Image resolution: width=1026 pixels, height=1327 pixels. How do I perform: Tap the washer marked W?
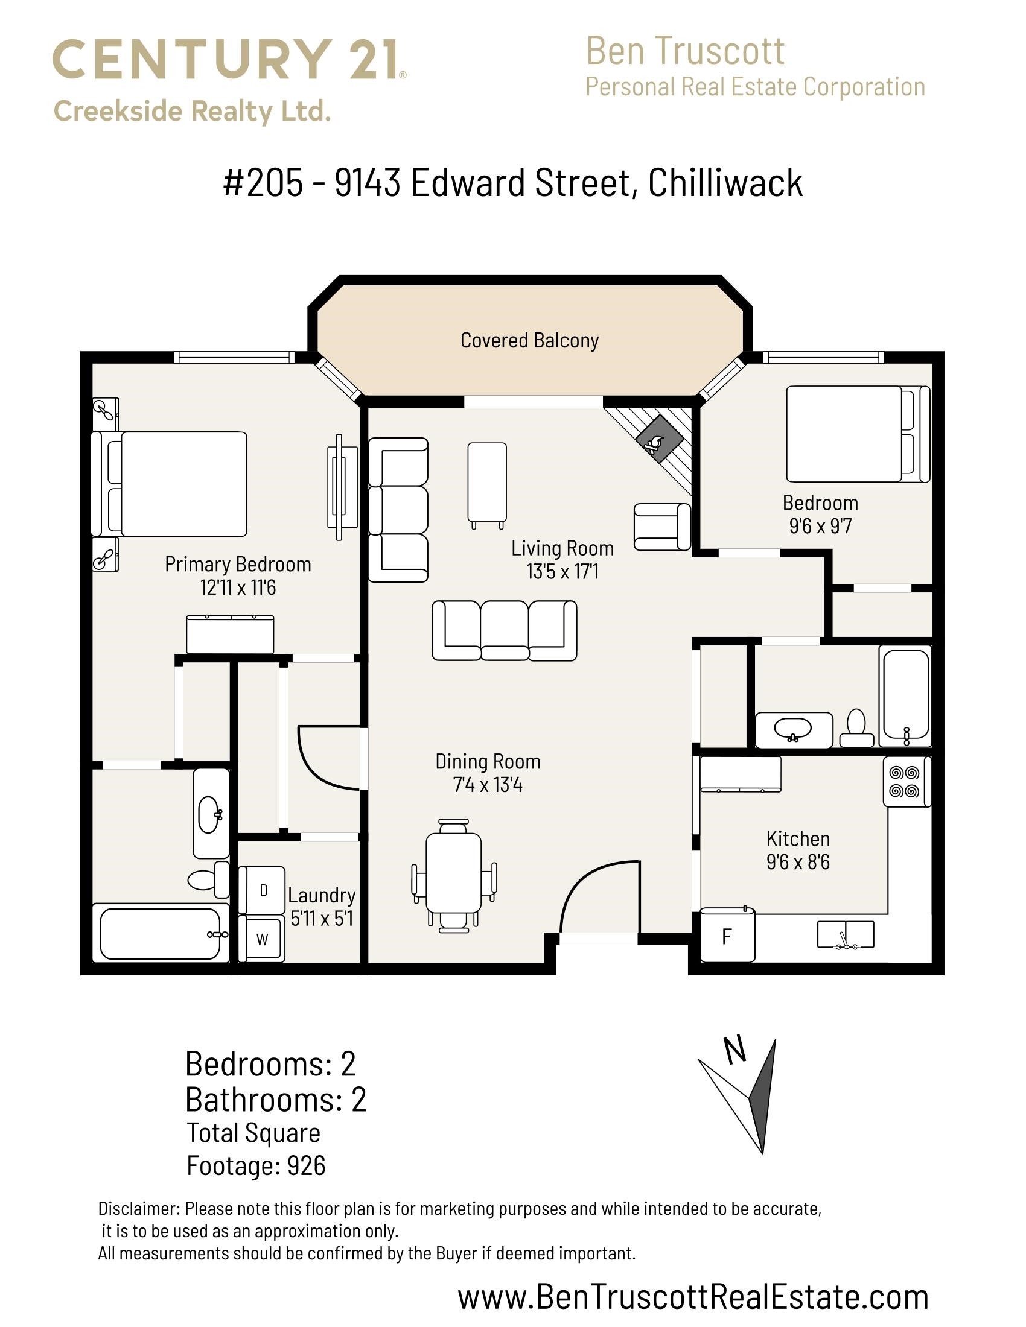click(261, 939)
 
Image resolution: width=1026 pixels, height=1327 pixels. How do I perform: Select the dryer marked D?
click(261, 890)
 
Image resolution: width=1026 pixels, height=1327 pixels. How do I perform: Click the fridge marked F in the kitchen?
click(728, 935)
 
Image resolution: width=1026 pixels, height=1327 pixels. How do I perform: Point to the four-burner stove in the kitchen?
click(907, 781)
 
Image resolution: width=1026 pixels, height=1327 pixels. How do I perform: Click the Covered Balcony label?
click(529, 340)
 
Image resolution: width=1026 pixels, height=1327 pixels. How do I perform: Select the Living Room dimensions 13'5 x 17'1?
click(563, 572)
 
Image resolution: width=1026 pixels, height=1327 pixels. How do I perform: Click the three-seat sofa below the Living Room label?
click(505, 631)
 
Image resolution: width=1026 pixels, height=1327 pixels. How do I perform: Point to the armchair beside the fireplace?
click(663, 527)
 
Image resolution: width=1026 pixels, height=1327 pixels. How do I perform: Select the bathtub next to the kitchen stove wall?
click(906, 696)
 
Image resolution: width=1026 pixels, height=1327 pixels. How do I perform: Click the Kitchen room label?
click(798, 838)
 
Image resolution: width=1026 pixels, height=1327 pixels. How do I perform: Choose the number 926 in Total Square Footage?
click(307, 1165)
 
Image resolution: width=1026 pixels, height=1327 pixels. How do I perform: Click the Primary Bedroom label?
click(238, 565)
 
